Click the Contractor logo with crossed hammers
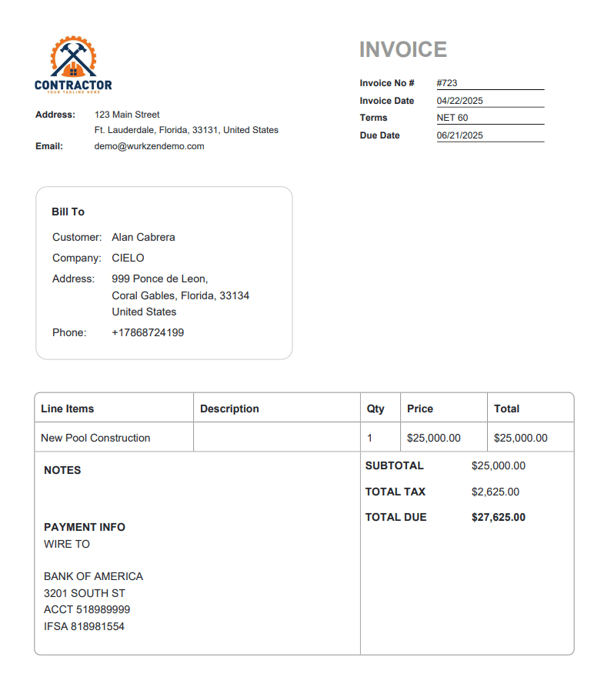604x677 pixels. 73,65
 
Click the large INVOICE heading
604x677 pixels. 403,50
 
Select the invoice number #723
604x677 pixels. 447,83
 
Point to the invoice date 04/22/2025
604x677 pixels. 460,101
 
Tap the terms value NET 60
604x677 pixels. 452,118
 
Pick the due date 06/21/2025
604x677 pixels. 460,135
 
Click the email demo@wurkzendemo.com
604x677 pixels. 149,146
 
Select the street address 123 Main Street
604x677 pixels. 127,115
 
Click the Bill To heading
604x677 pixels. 68,212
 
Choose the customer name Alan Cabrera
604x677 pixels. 143,237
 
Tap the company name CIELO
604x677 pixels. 128,258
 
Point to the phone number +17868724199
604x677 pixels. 148,332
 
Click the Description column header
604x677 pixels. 229,409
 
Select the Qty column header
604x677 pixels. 375,409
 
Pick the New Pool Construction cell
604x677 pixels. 95,438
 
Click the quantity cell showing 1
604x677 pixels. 370,438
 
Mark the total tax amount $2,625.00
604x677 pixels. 496,492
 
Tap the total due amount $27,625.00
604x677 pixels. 499,517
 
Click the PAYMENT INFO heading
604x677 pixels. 85,527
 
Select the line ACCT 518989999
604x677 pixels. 87,609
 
